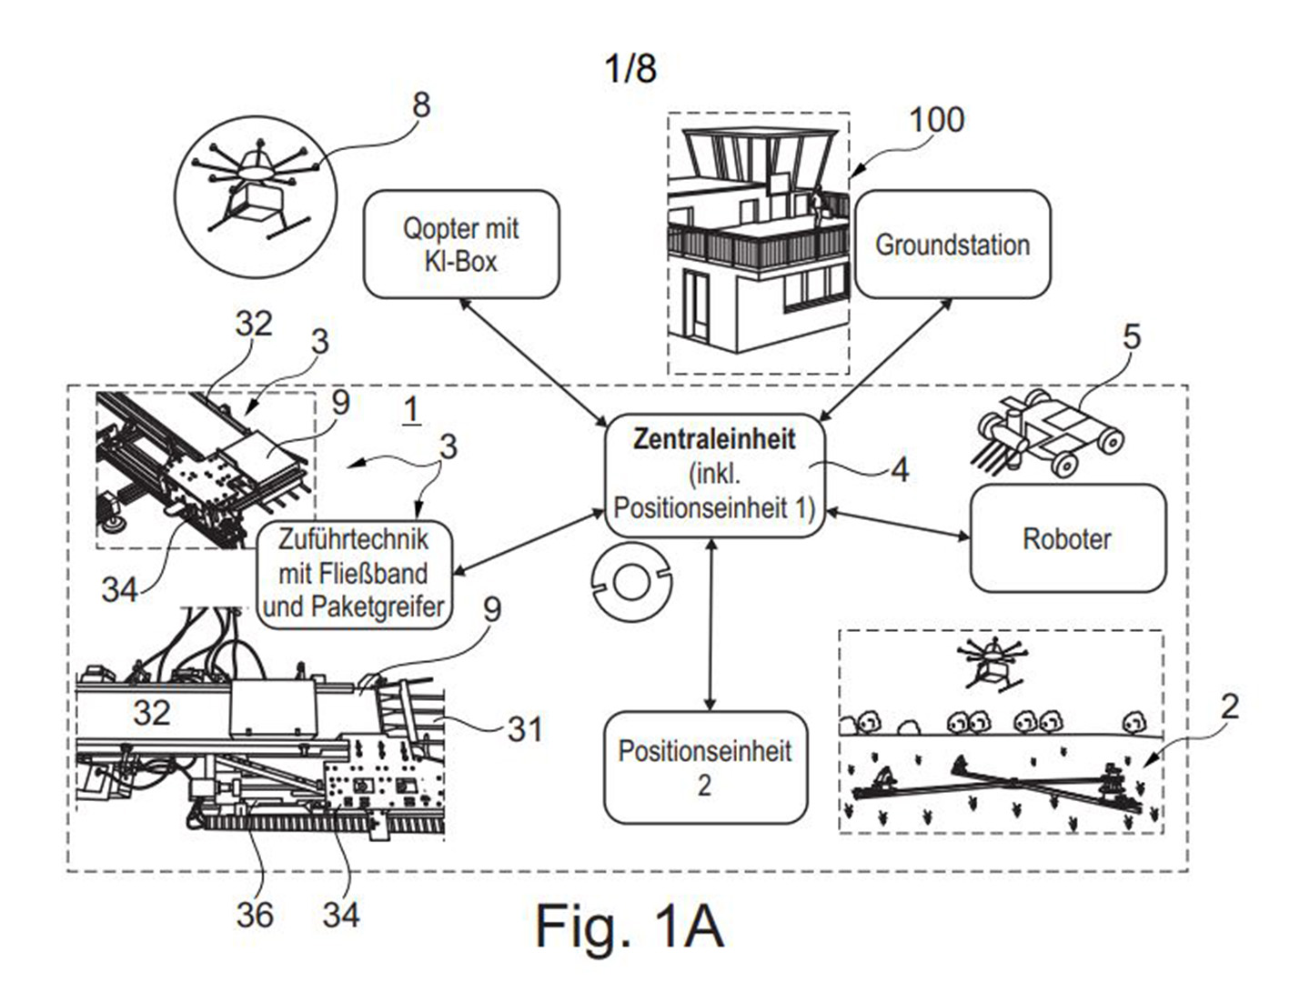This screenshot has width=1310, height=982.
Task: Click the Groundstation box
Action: [952, 244]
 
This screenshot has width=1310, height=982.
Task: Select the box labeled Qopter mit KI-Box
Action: [461, 245]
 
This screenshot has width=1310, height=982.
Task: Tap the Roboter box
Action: [1067, 538]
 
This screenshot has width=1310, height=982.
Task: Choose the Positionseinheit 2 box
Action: [705, 768]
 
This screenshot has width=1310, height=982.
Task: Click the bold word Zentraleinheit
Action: [714, 439]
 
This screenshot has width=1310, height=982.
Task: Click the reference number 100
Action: [936, 119]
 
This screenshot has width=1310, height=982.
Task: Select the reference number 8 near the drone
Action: [421, 105]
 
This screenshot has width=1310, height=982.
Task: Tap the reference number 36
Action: [255, 915]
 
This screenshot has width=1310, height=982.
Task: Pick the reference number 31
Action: [525, 728]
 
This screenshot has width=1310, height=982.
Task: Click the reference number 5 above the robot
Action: [1132, 336]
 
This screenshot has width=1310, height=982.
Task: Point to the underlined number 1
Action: [411, 411]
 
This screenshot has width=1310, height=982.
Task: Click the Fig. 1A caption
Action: [630, 926]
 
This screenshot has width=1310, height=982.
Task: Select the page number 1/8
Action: [630, 68]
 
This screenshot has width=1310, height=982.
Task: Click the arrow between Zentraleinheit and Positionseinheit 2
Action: [710, 625]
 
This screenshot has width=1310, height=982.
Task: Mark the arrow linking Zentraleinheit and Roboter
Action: [898, 523]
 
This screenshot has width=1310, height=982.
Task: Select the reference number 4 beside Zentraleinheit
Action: [900, 470]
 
